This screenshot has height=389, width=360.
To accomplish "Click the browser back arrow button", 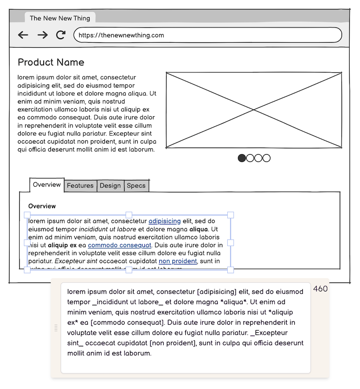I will [23, 35].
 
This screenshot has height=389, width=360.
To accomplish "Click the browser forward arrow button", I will [42, 35].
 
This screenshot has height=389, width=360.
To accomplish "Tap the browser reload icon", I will [61, 35].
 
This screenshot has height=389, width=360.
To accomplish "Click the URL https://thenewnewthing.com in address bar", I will [121, 35].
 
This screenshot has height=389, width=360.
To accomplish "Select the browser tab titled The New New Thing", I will [60, 18].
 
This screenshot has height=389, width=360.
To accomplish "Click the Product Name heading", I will [51, 62].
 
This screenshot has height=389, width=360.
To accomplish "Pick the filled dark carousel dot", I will [242, 158].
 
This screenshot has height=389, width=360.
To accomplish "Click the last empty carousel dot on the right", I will [266, 158].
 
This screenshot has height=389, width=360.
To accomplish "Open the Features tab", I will [80, 185].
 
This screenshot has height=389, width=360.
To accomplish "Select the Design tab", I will [110, 185].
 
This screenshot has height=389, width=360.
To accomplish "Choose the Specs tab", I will [136, 185].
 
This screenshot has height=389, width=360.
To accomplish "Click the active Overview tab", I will [47, 185].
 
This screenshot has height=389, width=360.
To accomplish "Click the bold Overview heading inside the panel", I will [42, 206].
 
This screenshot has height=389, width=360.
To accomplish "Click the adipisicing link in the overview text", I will [165, 221].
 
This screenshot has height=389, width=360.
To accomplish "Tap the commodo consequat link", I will [119, 245].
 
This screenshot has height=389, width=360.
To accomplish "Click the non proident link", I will [178, 261].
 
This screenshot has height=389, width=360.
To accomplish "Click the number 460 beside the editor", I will [320, 289].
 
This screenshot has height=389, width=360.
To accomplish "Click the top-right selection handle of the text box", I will [231, 215].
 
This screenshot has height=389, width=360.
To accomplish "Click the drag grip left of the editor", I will [56, 328].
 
